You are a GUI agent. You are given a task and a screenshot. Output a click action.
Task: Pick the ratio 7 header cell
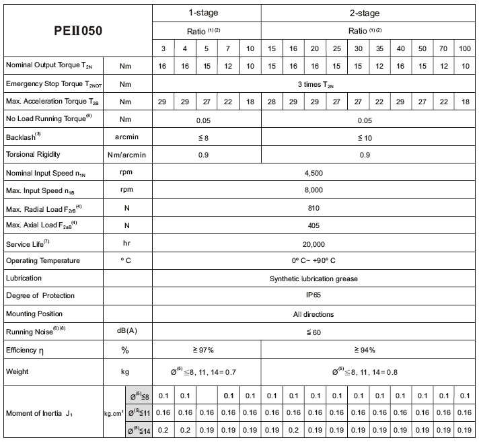pyautogui.click(x=228, y=48)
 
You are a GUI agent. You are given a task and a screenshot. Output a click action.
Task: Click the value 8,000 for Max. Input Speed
pyautogui.click(x=314, y=190)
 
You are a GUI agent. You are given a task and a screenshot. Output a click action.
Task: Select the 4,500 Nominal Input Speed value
pyautogui.click(x=314, y=173)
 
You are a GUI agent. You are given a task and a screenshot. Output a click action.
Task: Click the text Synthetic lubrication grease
pyautogui.click(x=314, y=279)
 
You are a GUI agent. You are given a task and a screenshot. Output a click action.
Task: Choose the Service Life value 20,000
pyautogui.click(x=314, y=244)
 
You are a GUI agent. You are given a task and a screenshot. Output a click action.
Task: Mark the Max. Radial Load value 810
pyautogui.click(x=314, y=209)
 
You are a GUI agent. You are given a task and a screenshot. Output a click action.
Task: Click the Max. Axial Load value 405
pyautogui.click(x=314, y=226)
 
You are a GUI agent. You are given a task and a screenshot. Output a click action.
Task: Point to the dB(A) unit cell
pyautogui.click(x=125, y=332)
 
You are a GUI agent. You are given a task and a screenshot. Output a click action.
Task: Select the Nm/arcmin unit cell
pyautogui.click(x=125, y=155)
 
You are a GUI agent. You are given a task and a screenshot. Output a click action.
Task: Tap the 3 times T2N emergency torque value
pyautogui.click(x=314, y=83)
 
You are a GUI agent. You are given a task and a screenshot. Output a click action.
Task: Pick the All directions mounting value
pyautogui.click(x=314, y=314)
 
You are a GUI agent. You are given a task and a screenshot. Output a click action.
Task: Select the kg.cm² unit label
pyautogui.click(x=112, y=414)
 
